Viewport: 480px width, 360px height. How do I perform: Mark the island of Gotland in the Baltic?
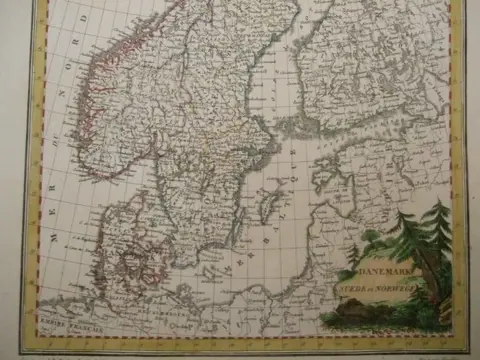[x=266, y=207]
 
